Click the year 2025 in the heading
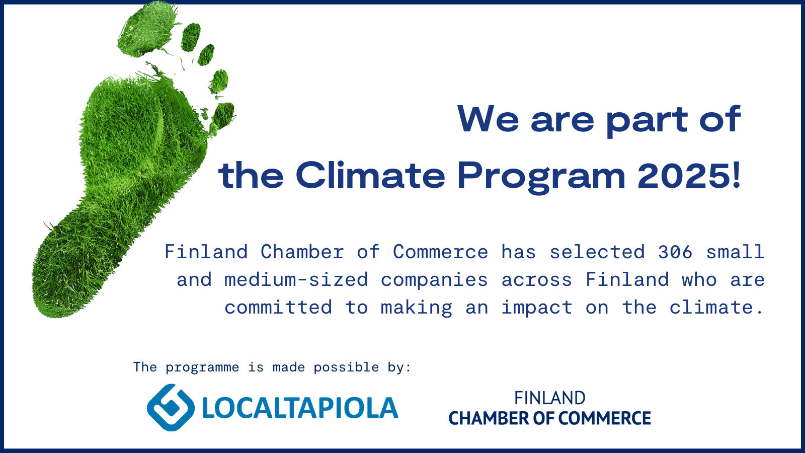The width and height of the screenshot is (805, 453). tap(684, 176)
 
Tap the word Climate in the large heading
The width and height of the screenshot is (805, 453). tap(370, 175)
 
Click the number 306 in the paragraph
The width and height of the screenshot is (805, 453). tap(675, 252)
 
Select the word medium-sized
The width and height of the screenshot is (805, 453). tap(296, 279)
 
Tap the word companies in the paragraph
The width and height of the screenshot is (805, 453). tap(434, 280)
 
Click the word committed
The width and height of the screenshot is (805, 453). tap(278, 308)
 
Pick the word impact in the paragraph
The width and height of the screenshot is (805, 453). tap(536, 308)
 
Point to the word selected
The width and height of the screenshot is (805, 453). tap(597, 252)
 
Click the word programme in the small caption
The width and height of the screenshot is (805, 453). tap(202, 367)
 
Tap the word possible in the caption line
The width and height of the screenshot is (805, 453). tap(346, 367)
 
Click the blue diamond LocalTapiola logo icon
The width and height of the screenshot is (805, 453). tap(171, 407)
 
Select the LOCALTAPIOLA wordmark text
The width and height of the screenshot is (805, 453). tap(300, 408)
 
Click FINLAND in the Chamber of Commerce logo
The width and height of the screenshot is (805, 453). tap(549, 398)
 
